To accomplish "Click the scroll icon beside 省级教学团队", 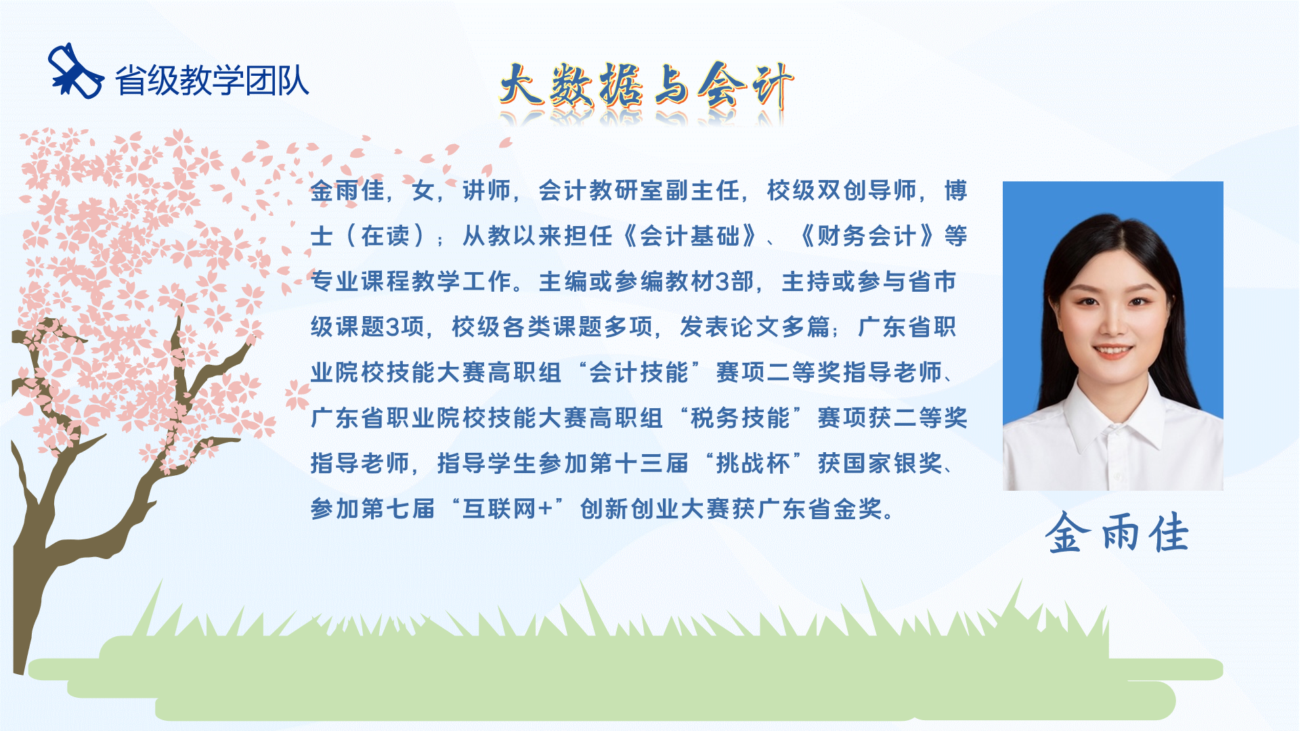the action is point(75,72).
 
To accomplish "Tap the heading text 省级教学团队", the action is point(212,81).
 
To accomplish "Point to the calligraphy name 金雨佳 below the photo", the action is point(1117,533).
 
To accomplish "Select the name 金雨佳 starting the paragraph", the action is point(348,191).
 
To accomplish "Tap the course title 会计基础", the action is point(690,236).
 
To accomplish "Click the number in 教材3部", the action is point(722,282).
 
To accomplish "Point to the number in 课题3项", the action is point(393,328).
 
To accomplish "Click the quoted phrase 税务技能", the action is point(740,418).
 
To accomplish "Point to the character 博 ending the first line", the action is point(955,191).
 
